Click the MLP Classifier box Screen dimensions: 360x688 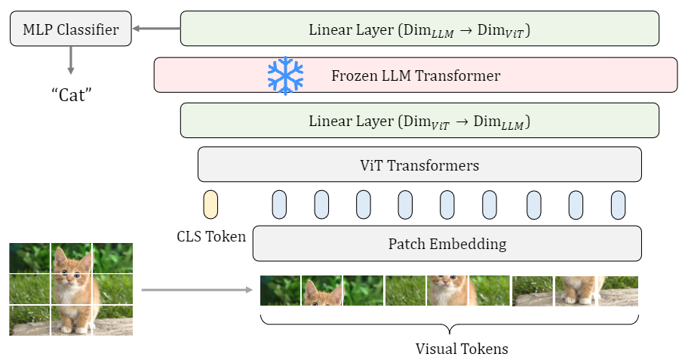point(70,30)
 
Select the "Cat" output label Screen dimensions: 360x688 point(71,96)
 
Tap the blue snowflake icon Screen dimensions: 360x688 point(285,75)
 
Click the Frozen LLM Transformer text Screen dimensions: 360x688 point(416,75)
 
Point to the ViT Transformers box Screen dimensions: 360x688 point(419,165)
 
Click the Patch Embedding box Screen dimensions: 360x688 point(447,244)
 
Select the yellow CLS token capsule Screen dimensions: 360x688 point(210,205)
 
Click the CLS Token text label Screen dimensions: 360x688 point(210,237)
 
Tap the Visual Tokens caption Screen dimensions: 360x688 point(451,349)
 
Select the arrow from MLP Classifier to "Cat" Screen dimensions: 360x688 point(71,60)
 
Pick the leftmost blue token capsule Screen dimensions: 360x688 point(279,205)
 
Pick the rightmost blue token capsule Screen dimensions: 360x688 point(618,205)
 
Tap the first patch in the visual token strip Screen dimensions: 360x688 point(281,291)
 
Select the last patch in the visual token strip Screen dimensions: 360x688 point(619,291)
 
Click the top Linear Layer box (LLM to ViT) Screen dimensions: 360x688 point(419,29)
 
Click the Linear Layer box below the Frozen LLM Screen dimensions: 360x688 point(419,120)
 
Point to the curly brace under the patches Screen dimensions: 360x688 point(450,325)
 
